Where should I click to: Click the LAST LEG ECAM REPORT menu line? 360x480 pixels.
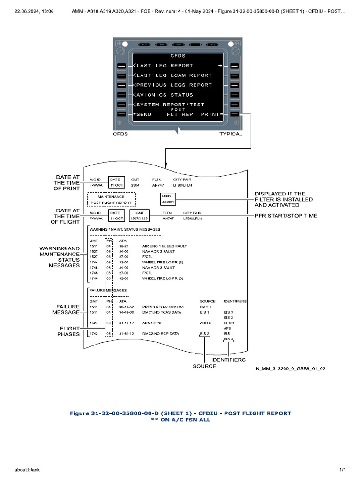click(x=174, y=75)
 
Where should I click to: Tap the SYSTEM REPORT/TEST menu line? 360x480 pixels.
click(x=170, y=105)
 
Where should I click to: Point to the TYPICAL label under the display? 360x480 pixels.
click(x=231, y=134)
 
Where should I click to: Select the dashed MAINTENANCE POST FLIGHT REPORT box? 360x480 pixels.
click(x=111, y=200)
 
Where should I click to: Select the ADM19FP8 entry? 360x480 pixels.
click(x=152, y=323)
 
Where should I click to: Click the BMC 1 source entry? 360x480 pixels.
click(x=205, y=307)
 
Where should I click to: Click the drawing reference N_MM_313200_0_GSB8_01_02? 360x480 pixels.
click(x=291, y=369)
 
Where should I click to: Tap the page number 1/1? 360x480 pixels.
click(x=342, y=469)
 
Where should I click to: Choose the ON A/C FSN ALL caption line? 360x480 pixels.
click(x=180, y=420)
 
